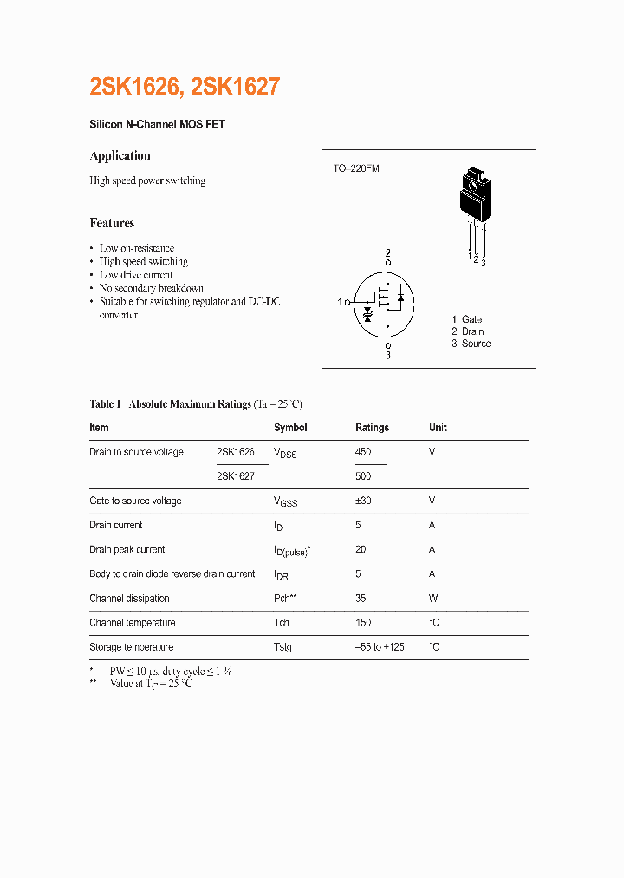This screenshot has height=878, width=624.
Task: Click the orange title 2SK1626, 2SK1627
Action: (185, 87)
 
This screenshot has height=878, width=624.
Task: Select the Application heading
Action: (120, 156)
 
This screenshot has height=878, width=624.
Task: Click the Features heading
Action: (112, 223)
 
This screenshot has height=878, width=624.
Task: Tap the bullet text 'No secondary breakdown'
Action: (151, 288)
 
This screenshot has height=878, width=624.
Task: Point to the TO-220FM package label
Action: (356, 168)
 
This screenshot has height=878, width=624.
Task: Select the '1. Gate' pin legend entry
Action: (466, 319)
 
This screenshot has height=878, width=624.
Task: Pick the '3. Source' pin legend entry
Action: (471, 344)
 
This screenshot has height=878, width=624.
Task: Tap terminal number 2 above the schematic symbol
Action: (388, 252)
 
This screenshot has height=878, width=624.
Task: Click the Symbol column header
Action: (290, 428)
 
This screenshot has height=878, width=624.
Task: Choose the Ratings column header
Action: (372, 428)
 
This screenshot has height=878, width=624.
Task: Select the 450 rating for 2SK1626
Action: (363, 452)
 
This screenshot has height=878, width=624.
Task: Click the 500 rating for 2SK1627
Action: (363, 476)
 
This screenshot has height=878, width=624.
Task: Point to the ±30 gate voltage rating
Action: (365, 501)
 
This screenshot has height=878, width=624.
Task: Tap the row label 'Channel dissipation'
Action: (129, 599)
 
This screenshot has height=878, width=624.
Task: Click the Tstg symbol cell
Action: (283, 647)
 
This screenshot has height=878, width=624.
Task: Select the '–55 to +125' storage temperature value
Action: (380, 647)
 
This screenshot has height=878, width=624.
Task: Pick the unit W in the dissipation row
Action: (433, 599)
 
